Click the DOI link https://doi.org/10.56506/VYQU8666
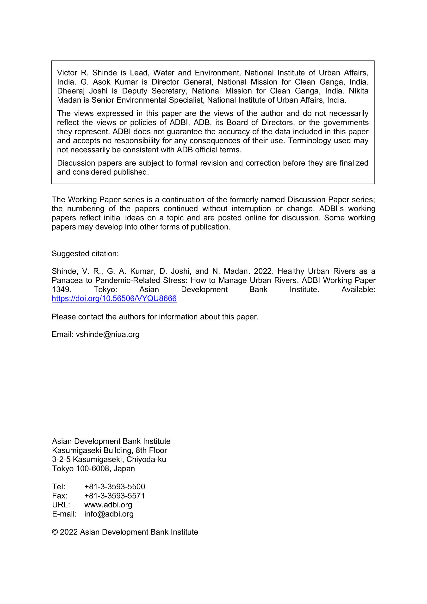(114, 299)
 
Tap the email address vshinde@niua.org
(108, 334)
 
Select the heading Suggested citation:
(85, 254)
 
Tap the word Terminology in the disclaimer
(309, 141)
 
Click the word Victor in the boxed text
(67, 73)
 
